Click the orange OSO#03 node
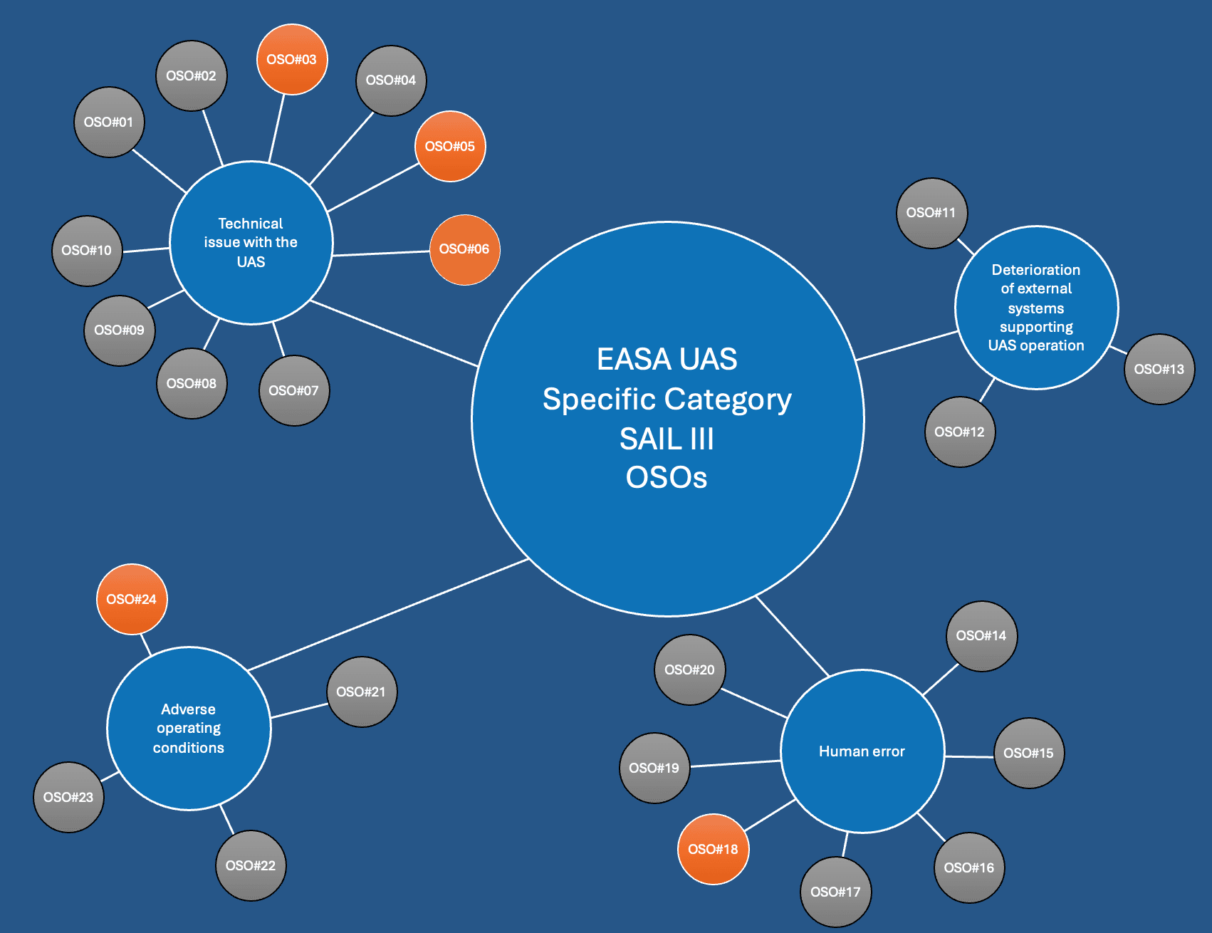click(x=292, y=60)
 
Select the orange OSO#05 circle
click(x=450, y=147)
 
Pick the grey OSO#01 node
click(x=109, y=123)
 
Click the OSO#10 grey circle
click(x=87, y=251)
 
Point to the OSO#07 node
click(x=294, y=391)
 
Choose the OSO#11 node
click(x=931, y=213)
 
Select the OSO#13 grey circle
click(x=1159, y=370)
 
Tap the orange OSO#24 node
click(x=132, y=600)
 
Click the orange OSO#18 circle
click(x=713, y=849)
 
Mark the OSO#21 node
click(x=362, y=692)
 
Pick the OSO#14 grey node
click(x=981, y=636)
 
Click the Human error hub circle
click(x=862, y=751)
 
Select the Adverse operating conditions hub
click(x=189, y=729)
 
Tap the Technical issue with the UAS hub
click(x=251, y=243)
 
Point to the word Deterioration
click(x=1035, y=270)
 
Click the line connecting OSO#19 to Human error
click(x=736, y=763)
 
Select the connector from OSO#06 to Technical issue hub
click(x=381, y=253)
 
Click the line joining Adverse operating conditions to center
click(x=388, y=615)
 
